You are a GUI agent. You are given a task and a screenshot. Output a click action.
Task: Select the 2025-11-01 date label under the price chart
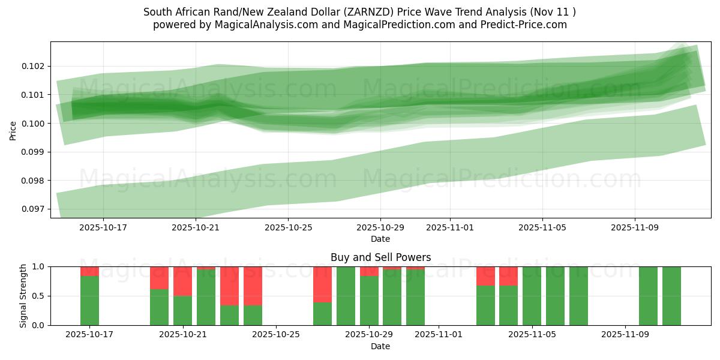(450, 228)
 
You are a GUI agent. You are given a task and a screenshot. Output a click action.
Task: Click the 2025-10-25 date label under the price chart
(288, 228)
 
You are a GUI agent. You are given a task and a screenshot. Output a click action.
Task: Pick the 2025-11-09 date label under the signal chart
(625, 335)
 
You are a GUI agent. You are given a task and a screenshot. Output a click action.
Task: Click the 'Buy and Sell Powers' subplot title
(380, 257)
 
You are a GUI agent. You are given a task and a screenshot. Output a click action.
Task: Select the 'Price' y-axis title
(13, 130)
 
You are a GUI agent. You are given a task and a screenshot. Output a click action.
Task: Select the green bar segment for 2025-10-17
(89, 300)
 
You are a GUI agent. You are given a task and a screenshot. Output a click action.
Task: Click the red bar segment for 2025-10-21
(182, 281)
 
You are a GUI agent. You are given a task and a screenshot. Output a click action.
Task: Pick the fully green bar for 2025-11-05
(532, 296)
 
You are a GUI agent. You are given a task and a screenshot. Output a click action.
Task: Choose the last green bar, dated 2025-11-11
(671, 296)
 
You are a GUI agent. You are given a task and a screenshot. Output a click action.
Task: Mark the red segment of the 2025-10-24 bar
(253, 286)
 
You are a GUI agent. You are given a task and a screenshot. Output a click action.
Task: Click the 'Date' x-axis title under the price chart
(380, 239)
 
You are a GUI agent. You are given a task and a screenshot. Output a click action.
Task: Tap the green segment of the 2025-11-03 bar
(485, 305)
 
